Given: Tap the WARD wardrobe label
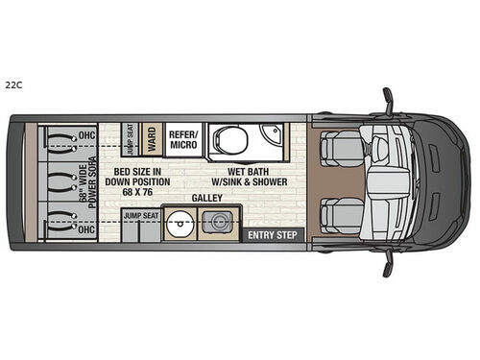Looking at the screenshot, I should point(151,139).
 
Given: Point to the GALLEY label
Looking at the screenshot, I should point(206,197).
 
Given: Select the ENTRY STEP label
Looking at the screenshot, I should point(271,234).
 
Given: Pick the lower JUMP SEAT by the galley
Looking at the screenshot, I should point(139,216).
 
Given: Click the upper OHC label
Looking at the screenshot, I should point(86,132).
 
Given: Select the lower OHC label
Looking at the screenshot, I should point(86,230).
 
